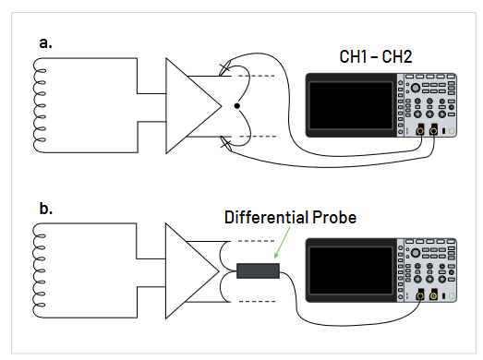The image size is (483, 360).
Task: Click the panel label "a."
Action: [45, 42]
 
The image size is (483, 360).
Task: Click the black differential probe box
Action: [259, 271]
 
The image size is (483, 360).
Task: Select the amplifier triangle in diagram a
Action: [189, 107]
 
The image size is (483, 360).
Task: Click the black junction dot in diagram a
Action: [237, 107]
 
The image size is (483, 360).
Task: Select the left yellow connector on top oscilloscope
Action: [421, 131]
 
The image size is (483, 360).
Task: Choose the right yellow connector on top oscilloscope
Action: [434, 131]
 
